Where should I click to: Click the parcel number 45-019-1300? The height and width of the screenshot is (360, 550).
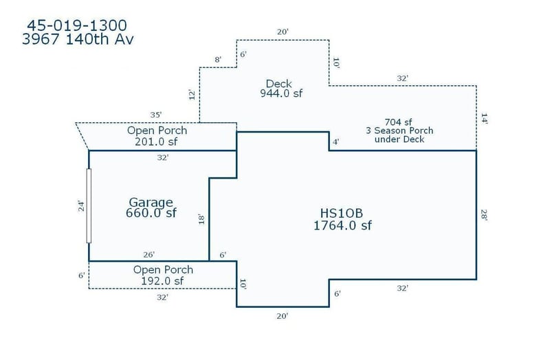coord(77,25)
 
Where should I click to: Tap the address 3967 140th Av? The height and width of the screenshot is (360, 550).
coord(78,39)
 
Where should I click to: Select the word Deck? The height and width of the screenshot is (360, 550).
coord(279,83)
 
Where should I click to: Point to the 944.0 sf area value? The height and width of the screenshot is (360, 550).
coord(281,93)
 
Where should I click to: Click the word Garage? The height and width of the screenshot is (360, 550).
coord(151,202)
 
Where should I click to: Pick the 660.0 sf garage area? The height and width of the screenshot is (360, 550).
coord(151,213)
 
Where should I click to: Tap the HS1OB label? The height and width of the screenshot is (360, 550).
coord(341,213)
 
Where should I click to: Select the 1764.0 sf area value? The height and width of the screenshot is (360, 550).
coord(342,225)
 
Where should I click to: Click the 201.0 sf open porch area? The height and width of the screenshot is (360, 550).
coord(156,142)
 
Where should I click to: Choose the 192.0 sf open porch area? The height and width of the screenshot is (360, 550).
coord(162,281)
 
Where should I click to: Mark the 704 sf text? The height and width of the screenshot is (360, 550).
coord(398,122)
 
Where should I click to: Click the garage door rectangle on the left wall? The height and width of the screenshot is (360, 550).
coord(89,206)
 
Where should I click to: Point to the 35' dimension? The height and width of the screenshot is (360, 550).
coord(156,115)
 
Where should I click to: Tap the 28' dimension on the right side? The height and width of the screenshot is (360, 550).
coord(484,215)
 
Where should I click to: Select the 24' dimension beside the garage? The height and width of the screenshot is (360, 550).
coord(81,206)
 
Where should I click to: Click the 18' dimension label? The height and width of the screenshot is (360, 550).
coord(201,219)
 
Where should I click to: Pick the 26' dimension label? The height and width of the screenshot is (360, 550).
coord(148,254)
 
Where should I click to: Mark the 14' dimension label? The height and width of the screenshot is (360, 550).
coord(484,118)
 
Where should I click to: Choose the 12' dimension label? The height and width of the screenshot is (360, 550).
coord(192,95)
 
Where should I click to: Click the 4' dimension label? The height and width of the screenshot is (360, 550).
coord(336,142)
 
